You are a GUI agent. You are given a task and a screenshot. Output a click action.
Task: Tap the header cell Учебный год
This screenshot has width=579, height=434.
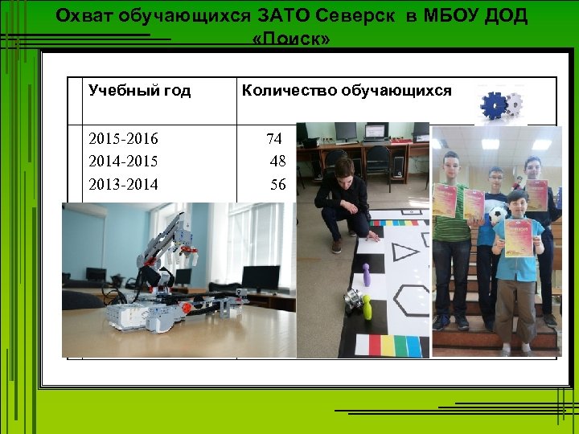139,91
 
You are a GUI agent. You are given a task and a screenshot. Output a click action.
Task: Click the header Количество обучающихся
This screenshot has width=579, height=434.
347,91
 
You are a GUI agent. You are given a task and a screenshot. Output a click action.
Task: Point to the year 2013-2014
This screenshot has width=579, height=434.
124,185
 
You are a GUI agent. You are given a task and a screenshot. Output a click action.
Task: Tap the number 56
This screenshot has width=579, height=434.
278,185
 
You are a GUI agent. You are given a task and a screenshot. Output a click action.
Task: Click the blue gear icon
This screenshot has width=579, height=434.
492,105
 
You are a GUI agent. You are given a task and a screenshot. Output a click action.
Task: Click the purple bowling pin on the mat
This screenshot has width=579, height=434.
367,275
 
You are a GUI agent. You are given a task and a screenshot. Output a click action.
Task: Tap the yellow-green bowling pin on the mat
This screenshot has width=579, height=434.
366,308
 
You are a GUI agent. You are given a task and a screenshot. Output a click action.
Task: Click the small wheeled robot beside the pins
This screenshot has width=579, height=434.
351,300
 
